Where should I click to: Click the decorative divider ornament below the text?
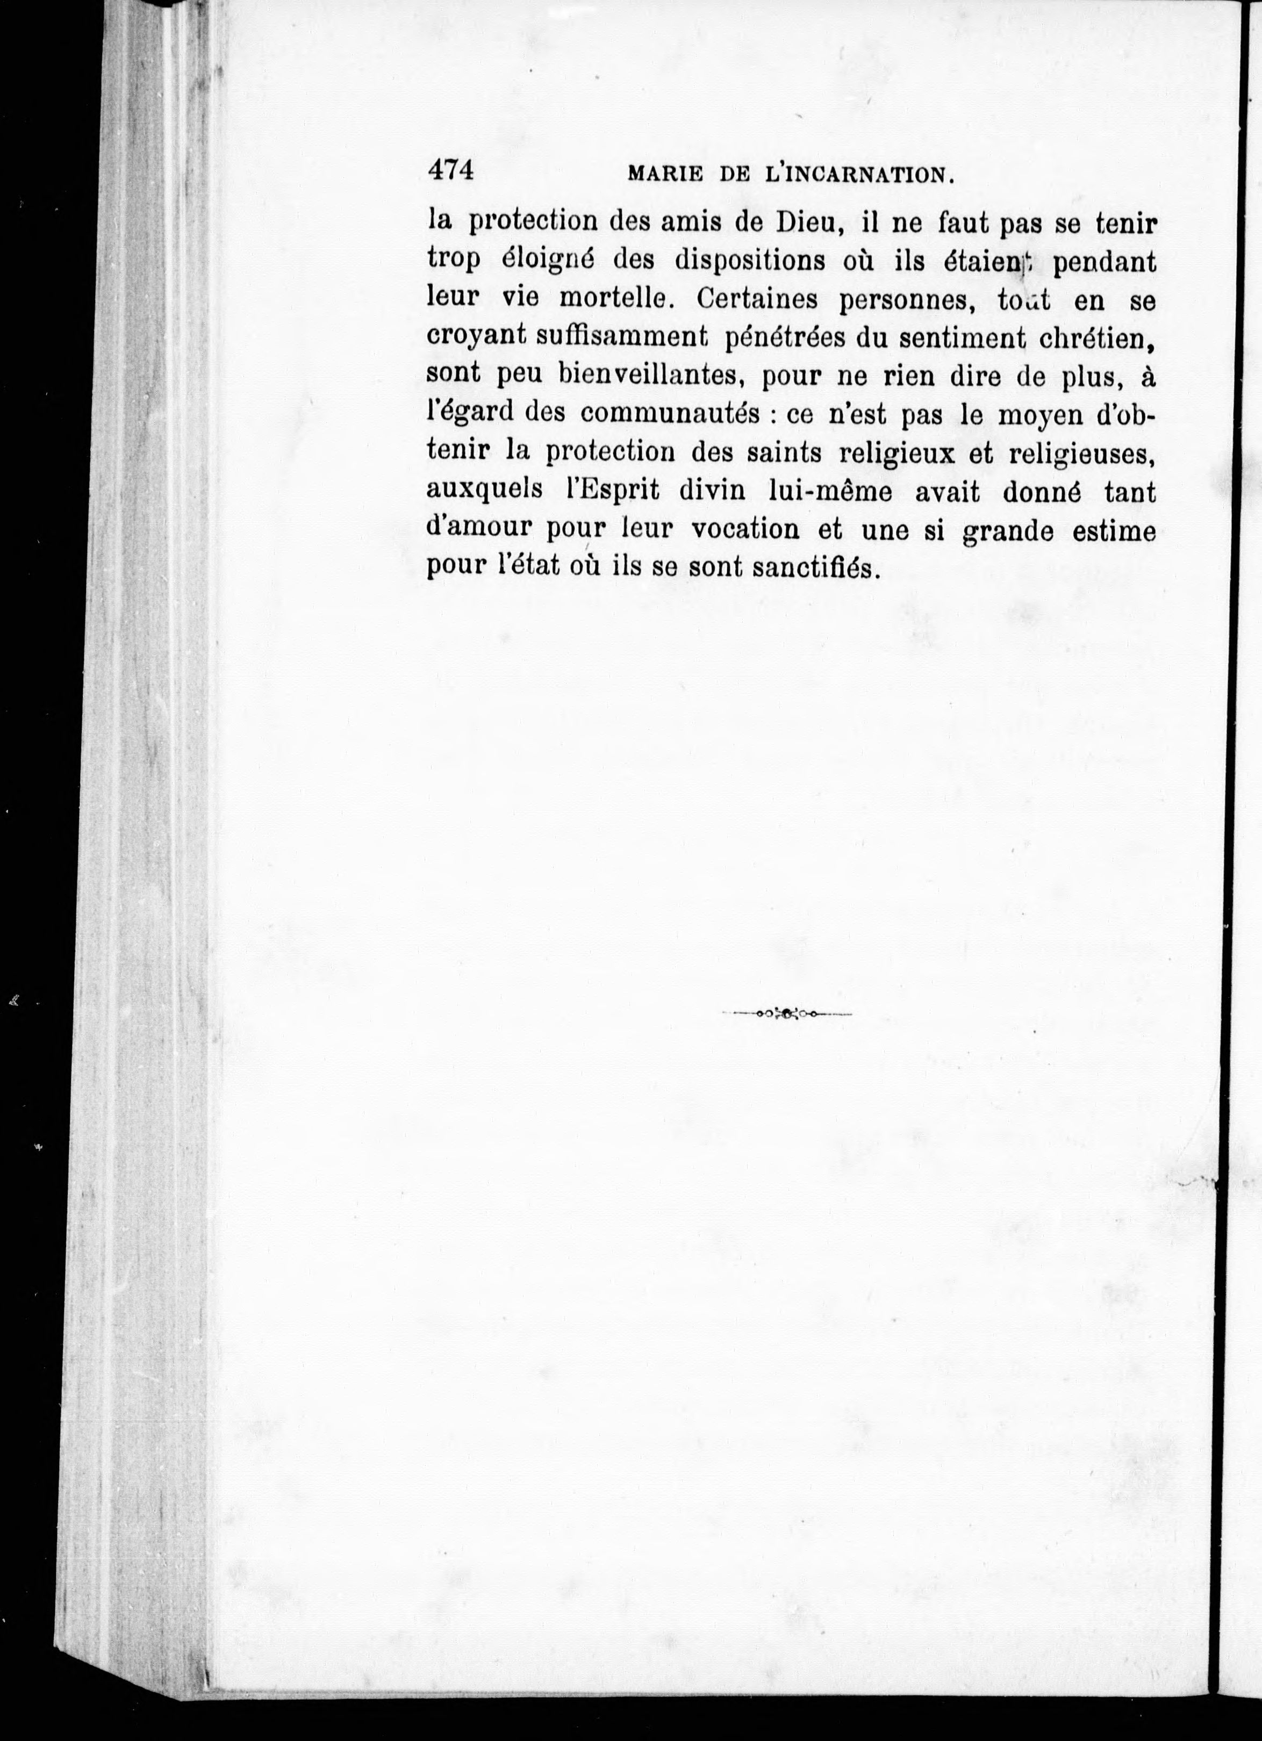(787, 1014)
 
